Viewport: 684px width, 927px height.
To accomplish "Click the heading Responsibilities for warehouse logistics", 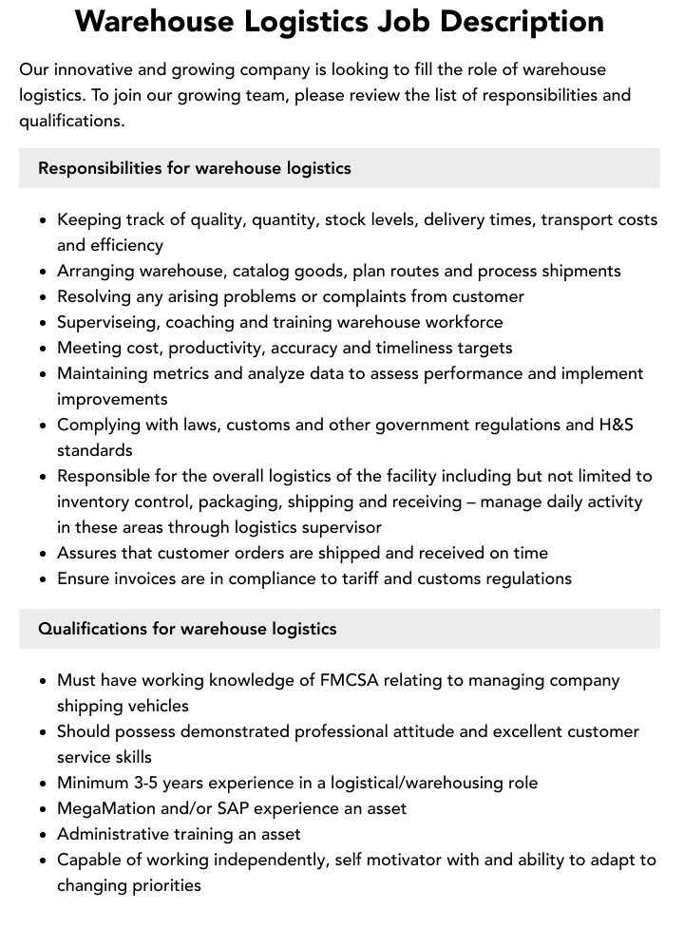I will pyautogui.click(x=195, y=168).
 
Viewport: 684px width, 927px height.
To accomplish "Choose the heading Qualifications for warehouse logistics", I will pyautogui.click(x=187, y=629).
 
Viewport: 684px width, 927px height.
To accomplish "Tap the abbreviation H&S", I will pyautogui.click(x=614, y=425).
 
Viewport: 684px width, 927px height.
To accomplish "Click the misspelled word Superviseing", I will pyautogui.click(x=105, y=322).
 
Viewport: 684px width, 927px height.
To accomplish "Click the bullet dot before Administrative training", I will pyautogui.click(x=44, y=835).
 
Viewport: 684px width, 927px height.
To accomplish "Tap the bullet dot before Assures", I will pyautogui.click(x=44, y=554).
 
